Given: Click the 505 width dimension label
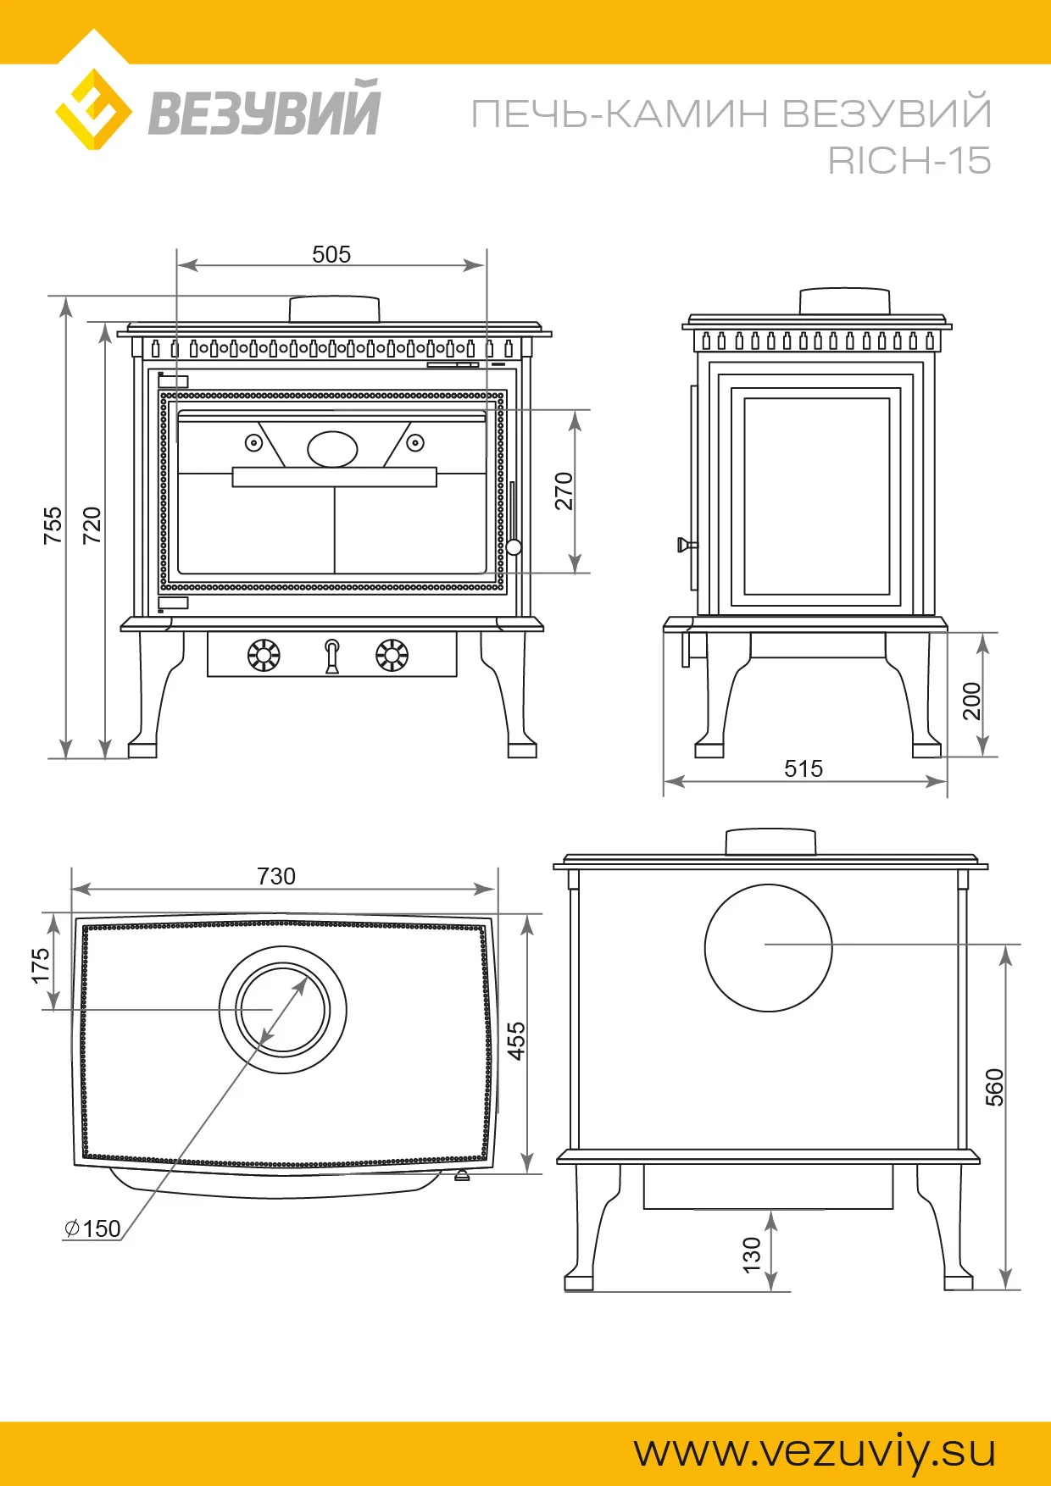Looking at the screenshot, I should pyautogui.click(x=331, y=254).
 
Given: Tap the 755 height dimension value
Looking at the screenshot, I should pyautogui.click(x=53, y=525).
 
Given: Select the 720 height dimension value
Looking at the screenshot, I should pyautogui.click(x=92, y=525).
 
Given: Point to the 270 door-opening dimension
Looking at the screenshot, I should pyautogui.click(x=564, y=491).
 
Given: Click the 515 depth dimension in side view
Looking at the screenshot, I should pyautogui.click(x=804, y=768).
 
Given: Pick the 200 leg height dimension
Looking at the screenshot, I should pyautogui.click(x=971, y=701).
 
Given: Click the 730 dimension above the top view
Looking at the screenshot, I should pyautogui.click(x=276, y=876).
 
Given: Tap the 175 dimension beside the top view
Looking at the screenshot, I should pyautogui.click(x=40, y=966).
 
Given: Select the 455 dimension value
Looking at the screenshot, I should pyautogui.click(x=516, y=1040).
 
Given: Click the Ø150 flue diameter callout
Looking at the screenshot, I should pyautogui.click(x=93, y=1228).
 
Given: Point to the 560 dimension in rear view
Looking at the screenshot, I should pyautogui.click(x=994, y=1087).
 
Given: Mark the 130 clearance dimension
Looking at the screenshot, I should pyautogui.click(x=752, y=1255).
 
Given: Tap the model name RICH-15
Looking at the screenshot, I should pyautogui.click(x=909, y=161).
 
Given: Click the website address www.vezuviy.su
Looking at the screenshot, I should pyautogui.click(x=815, y=1451).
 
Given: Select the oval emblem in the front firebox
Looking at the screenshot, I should pyautogui.click(x=332, y=449).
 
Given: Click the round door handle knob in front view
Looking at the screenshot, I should pyautogui.click(x=514, y=547).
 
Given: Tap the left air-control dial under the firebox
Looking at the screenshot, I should pyautogui.click(x=264, y=655).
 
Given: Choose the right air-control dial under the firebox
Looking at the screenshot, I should pyautogui.click(x=392, y=655).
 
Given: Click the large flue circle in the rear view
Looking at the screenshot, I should pyautogui.click(x=768, y=948).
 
